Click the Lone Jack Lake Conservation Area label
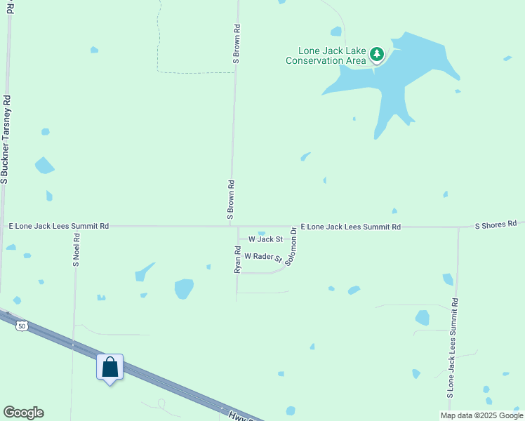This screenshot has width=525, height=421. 326,56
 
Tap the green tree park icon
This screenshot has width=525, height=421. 377,53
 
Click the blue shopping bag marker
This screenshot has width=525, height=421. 109,367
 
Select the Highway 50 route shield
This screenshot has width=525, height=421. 22,326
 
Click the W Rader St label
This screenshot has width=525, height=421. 262,258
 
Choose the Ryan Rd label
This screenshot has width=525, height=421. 238,259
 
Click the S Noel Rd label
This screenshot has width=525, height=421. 77,250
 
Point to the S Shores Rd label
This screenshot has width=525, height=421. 496,225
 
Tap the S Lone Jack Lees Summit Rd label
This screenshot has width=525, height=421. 453,348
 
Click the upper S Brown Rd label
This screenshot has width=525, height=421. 237,45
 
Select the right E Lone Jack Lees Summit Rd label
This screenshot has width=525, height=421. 350,227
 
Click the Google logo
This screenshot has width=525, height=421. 23,413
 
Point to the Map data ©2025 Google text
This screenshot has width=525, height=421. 481,415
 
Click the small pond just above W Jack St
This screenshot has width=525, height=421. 262,233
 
